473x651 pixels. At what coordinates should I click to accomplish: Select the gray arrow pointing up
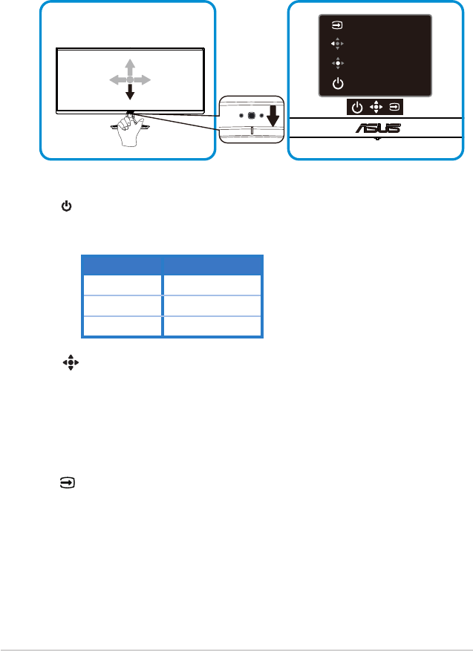130,67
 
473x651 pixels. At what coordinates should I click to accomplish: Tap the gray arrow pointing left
117,79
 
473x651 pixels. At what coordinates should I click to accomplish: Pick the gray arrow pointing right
142,79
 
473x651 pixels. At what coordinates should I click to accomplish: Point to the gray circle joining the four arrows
130,79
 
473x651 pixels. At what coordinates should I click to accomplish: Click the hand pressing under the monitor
130,131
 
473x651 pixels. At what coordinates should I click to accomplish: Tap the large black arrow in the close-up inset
273,114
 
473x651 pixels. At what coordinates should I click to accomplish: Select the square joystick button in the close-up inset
251,116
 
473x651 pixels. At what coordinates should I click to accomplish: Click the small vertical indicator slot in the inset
252,131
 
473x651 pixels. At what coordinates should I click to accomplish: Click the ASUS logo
378,128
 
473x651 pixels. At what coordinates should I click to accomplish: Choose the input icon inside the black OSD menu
337,26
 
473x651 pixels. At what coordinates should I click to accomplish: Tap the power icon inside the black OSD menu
338,84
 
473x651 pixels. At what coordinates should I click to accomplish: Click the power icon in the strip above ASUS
357,108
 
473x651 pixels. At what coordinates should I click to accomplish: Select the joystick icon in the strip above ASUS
376,108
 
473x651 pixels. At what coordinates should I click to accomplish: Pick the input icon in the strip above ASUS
394,108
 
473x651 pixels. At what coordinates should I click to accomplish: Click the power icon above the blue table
66,206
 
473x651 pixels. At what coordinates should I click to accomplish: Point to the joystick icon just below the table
71,362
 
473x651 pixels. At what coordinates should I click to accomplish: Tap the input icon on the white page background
68,482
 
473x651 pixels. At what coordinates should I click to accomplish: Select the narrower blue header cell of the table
121,265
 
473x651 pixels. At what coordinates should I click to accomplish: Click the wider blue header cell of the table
212,265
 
